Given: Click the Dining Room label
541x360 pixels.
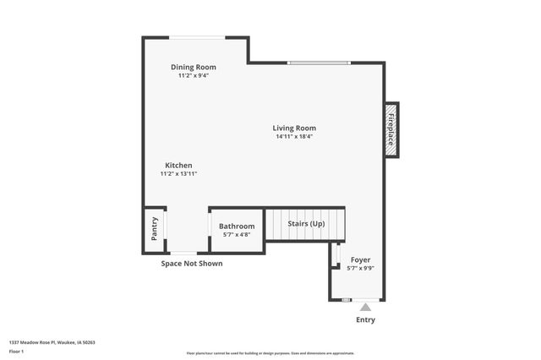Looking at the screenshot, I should pos(194,67).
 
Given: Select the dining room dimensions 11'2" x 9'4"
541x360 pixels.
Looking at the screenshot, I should pos(194,75).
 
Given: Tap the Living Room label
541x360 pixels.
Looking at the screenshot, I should pos(294,128).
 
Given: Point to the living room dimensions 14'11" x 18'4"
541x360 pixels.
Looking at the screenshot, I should pos(294,136).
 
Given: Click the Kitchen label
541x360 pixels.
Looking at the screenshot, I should pos(178,165).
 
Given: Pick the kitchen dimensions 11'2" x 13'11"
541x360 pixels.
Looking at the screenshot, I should pos(178,173).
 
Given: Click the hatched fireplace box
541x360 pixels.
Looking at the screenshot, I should pos(391,129).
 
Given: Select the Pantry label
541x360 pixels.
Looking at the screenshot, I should pos(155,230).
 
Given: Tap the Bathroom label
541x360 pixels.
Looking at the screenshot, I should pos(237,226).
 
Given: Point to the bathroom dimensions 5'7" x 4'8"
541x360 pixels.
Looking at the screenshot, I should pos(237,234).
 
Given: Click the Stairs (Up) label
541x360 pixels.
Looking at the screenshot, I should pos(306,223).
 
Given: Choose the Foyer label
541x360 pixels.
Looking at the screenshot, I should pos(360,259).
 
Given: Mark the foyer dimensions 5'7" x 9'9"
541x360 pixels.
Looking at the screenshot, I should pos(360,268).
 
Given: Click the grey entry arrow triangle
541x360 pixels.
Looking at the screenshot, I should pos(365,308).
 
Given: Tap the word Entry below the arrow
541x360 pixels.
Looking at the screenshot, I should pos(365,320).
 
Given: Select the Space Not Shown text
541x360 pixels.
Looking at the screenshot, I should pos(192,264).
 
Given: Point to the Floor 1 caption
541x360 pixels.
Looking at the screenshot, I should pos(17,351).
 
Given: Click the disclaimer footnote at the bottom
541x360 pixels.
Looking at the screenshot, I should pos(270,353).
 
